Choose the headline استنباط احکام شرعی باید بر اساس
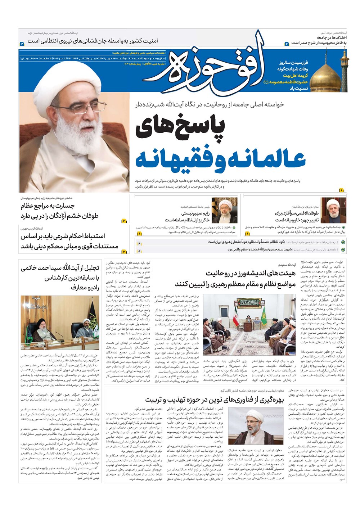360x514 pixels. (x=63, y=236)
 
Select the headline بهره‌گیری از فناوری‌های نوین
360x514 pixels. (x=215, y=400)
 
